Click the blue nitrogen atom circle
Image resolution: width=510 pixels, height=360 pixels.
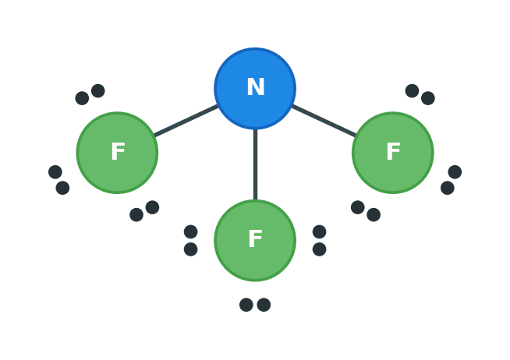[x=255, y=88]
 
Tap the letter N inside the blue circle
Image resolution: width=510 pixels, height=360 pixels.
[x=256, y=86]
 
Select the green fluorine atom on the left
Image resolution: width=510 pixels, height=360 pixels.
[x=118, y=153]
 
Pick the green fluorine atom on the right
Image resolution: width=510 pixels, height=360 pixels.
[x=393, y=153]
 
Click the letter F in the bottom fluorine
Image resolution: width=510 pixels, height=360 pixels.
[x=255, y=238]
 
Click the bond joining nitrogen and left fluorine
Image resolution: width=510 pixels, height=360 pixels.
[x=186, y=121]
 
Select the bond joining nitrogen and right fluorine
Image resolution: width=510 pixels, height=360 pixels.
[x=324, y=121]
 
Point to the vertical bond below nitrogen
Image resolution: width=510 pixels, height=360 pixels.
[x=255, y=164]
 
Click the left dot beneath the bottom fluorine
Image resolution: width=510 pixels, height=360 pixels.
[x=246, y=305]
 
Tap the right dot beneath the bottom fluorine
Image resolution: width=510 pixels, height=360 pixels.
[x=264, y=305]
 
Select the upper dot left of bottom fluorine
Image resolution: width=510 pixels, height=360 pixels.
[x=190, y=231]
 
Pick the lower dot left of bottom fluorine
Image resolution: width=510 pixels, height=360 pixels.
[x=190, y=249]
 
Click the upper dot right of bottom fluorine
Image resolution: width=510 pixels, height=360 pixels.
[x=320, y=231]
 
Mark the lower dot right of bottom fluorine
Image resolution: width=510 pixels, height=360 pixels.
[x=320, y=249]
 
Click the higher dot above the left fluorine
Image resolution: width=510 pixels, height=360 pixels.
[x=98, y=90]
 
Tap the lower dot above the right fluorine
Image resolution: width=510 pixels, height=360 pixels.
[x=428, y=98]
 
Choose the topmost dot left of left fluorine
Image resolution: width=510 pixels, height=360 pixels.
[x=55, y=172]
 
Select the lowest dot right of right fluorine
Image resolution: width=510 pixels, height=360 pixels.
[x=448, y=188]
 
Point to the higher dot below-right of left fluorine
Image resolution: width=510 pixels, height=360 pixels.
[x=152, y=207]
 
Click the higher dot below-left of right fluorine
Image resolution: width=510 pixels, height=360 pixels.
[x=358, y=207]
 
